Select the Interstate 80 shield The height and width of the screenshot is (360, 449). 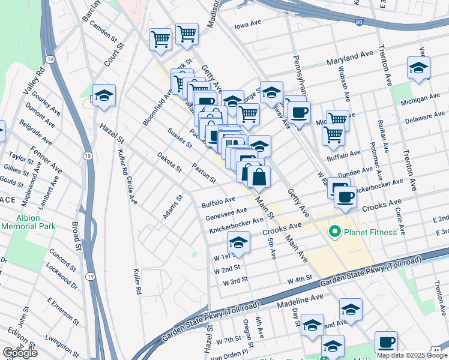click(x=358, y=22)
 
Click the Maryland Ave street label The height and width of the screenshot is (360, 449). click(x=350, y=59)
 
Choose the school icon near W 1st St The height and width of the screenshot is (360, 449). click(x=238, y=242)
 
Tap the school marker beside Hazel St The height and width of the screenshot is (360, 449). click(x=104, y=95)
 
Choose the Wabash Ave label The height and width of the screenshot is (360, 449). click(x=346, y=88)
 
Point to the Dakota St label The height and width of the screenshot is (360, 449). click(x=169, y=162)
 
